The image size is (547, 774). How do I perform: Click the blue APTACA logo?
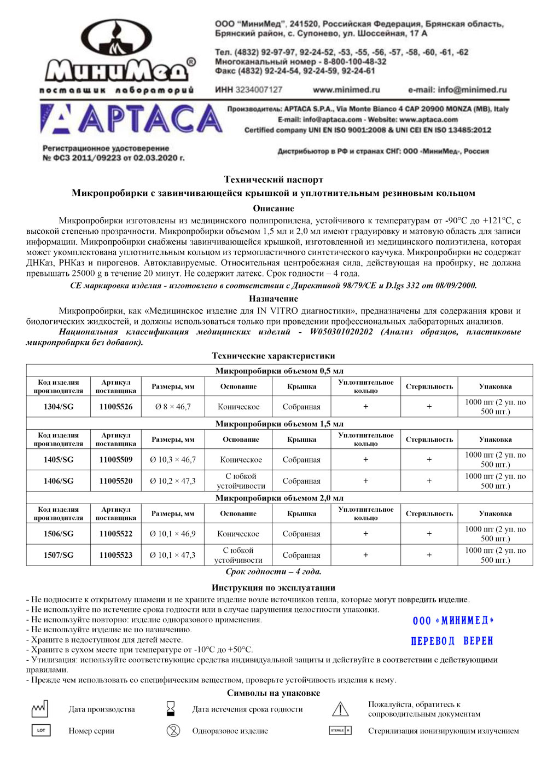click(131, 119)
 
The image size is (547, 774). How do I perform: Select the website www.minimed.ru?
click(346, 90)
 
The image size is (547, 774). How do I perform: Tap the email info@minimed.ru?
click(457, 90)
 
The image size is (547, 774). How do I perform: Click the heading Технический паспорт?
click(273, 180)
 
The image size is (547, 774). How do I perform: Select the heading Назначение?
click(273, 298)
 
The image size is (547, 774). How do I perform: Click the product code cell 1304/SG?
click(59, 407)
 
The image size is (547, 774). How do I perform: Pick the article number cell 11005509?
click(116, 460)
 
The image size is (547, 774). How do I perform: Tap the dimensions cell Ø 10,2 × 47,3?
click(173, 481)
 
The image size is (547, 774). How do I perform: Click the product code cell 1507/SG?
click(59, 555)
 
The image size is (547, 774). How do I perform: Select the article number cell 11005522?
click(116, 534)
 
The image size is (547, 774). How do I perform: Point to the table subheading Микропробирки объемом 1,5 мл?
click(279, 424)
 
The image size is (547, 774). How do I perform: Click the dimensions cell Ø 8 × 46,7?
click(173, 407)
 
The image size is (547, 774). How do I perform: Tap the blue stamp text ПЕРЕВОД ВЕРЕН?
click(452, 641)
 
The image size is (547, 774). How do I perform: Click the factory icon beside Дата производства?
click(40, 709)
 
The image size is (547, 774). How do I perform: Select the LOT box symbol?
click(40, 731)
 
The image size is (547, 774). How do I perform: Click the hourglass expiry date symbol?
click(171, 709)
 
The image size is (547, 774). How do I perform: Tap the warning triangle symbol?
click(340, 709)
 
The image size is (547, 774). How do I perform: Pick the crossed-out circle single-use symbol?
click(173, 731)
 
